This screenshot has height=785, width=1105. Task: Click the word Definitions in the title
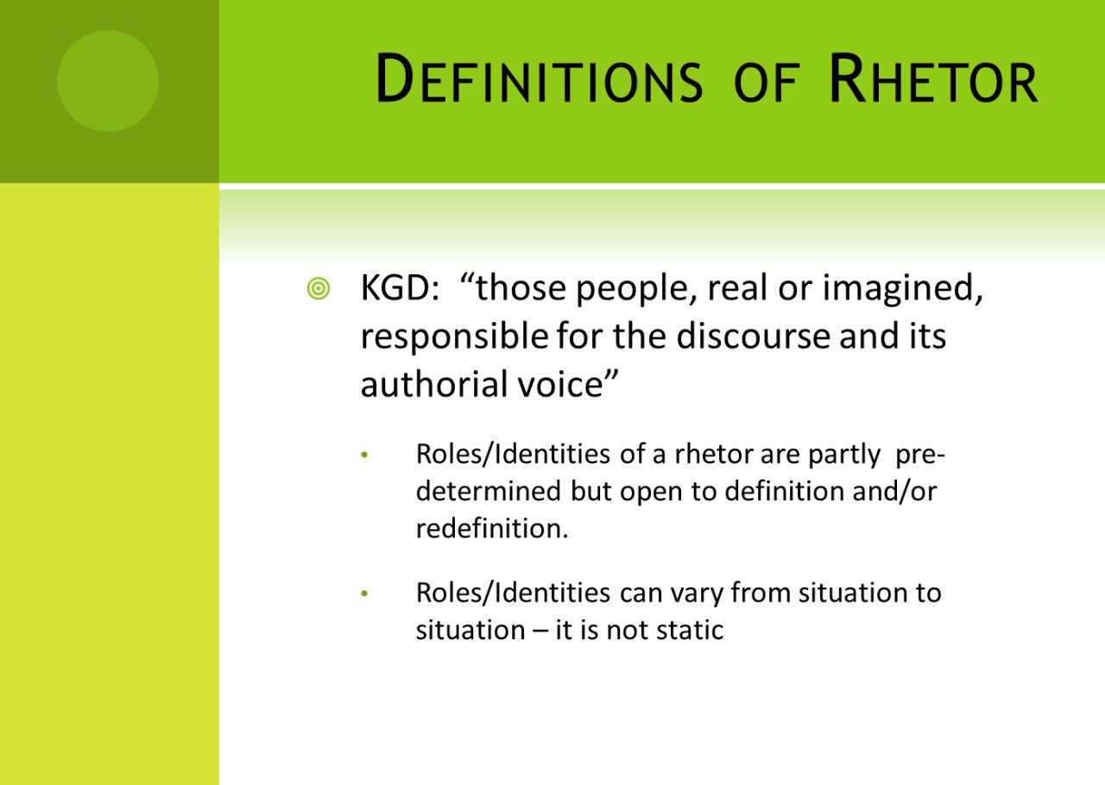tap(540, 80)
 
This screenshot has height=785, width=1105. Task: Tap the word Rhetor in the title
tap(932, 80)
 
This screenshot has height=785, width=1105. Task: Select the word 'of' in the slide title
tap(764, 84)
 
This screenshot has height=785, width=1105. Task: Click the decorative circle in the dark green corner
tap(108, 81)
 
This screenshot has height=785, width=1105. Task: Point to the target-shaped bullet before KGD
tap(318, 290)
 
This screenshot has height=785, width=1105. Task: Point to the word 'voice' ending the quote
tap(571, 384)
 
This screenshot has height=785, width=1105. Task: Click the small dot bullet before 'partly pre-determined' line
tap(364, 455)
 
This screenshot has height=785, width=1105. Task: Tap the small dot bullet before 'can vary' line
tap(364, 594)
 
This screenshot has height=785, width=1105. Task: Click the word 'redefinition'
tap(492, 528)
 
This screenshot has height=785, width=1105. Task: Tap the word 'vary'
tap(698, 593)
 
